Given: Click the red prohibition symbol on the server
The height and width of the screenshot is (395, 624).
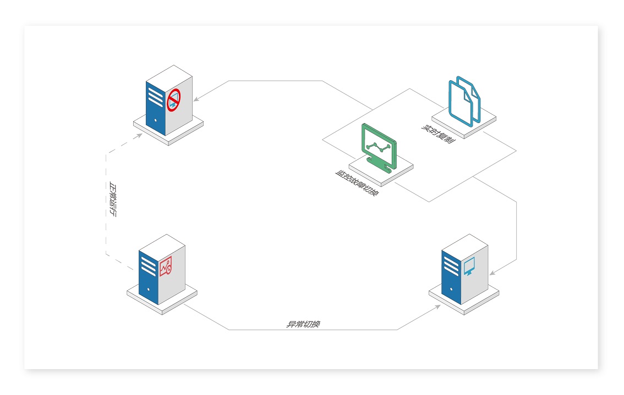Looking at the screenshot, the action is (x=173, y=100).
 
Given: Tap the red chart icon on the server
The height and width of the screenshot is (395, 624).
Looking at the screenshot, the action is (x=166, y=266).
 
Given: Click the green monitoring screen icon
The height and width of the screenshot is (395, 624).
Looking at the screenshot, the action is (x=379, y=148).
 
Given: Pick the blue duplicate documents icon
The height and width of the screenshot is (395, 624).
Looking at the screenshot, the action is (x=464, y=101).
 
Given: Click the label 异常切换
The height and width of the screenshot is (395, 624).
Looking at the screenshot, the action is (x=303, y=324).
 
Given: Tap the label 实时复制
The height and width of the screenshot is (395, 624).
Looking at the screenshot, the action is (x=438, y=134).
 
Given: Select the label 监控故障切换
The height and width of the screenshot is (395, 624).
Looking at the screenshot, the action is (x=357, y=183).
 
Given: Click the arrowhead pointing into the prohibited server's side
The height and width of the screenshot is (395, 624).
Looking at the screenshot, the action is (x=196, y=99).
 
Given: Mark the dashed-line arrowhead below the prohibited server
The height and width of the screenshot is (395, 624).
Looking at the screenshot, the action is (x=139, y=136).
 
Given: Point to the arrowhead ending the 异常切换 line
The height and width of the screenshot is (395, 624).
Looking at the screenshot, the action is (x=438, y=307).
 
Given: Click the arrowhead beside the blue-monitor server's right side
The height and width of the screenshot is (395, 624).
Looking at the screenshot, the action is (x=492, y=273).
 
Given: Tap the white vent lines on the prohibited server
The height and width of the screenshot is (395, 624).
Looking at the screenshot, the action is (x=156, y=96).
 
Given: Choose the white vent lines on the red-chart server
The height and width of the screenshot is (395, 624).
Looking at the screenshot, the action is (x=149, y=266).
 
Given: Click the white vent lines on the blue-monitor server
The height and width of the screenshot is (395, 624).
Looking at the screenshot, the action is (x=451, y=266).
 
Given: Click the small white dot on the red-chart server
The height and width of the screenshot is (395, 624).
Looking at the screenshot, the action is (x=149, y=290).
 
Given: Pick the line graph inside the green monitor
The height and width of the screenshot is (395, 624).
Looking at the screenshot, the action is (x=378, y=147).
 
